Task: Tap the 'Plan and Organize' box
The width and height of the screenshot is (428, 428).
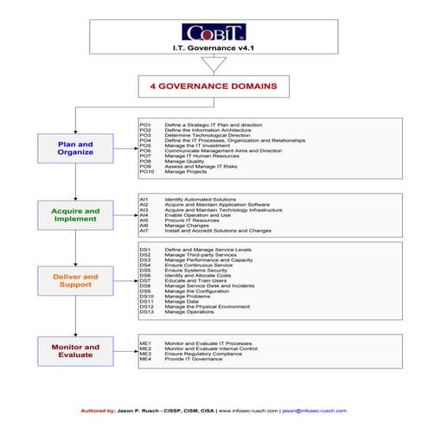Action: [x=75, y=148]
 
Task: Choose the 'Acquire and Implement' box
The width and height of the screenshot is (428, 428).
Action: [x=75, y=214]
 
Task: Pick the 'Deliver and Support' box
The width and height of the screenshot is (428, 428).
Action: [x=75, y=281]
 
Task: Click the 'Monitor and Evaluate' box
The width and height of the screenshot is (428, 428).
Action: [x=75, y=350]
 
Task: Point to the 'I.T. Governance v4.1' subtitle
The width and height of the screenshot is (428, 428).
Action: [x=212, y=49]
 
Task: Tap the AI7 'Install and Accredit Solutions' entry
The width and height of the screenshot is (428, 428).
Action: [x=216, y=231]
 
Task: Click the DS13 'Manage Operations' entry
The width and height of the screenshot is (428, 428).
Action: [x=189, y=311]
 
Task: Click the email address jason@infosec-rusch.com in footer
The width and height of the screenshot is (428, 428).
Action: [x=314, y=411]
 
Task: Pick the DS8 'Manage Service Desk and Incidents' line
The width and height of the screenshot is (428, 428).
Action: [x=208, y=285]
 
